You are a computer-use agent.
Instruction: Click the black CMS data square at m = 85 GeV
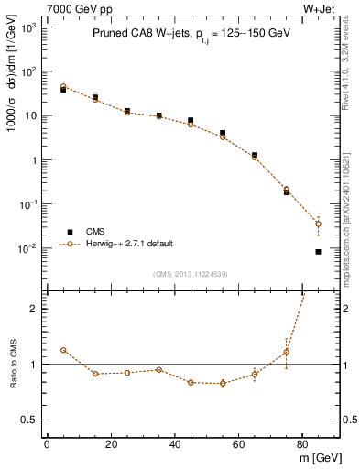tap(318, 251)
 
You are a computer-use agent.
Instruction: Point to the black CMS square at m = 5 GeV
tap(63, 90)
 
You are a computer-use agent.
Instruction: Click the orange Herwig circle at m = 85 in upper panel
tap(318, 224)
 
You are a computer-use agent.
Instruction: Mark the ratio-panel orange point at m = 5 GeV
tap(63, 350)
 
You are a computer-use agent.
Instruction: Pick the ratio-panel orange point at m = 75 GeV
tap(287, 352)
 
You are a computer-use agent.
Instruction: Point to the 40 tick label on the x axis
tap(174, 444)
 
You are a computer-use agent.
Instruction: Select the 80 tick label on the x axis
tap(302, 444)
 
